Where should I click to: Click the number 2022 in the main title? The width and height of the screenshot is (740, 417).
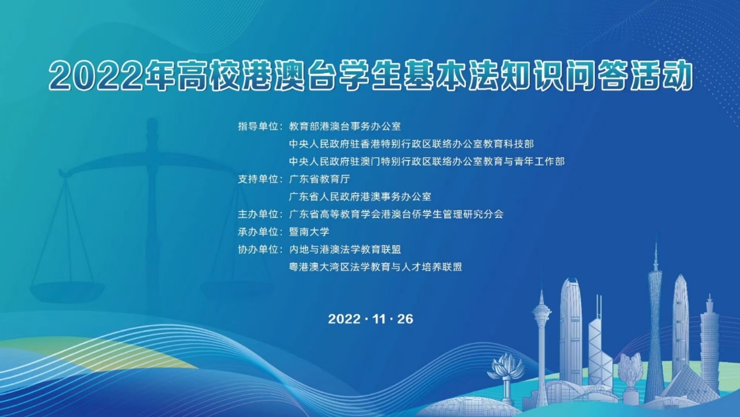tap(96, 76)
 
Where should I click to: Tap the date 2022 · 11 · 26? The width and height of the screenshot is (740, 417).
tap(371, 319)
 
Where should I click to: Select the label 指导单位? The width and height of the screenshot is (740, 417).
tap(258, 126)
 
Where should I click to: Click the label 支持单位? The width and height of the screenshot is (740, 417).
tap(258, 179)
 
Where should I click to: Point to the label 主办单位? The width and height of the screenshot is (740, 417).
tap(258, 214)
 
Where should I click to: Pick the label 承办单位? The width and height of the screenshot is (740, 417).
tap(258, 232)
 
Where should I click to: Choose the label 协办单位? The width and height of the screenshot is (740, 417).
tap(258, 249)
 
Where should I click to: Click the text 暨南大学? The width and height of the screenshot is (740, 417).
tap(309, 232)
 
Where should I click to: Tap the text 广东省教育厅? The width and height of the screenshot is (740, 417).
tap(319, 179)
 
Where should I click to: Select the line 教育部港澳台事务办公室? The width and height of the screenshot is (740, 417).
tap(345, 126)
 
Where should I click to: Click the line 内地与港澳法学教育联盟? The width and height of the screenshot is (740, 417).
tap(345, 249)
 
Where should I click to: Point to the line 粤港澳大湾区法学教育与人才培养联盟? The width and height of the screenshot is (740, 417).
tap(375, 267)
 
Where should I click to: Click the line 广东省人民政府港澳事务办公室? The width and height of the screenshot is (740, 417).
tap(360, 197)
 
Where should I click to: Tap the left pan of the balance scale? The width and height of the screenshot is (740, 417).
tap(67, 291)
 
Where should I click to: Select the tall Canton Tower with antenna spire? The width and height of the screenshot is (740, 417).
tap(656, 318)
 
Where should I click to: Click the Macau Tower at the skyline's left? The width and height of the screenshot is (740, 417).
tap(542, 340)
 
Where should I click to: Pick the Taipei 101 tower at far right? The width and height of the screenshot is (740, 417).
tap(709, 340)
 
